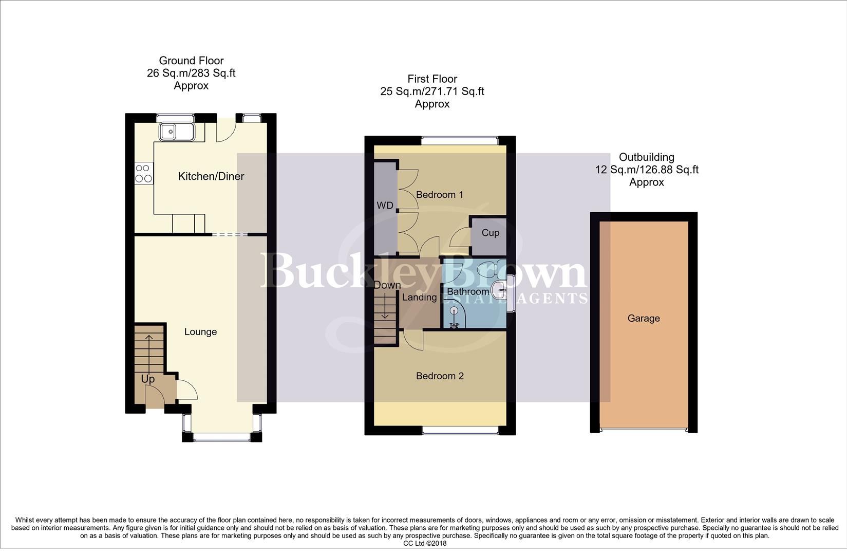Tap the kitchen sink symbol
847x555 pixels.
pyautogui.click(x=176, y=132)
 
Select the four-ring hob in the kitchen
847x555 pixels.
pyautogui.click(x=143, y=173)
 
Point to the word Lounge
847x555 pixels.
pyautogui.click(x=200, y=332)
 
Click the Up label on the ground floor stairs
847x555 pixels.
pyautogui.click(x=148, y=379)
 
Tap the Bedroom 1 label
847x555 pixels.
pyautogui.click(x=440, y=195)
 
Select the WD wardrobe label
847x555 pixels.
pyautogui.click(x=385, y=206)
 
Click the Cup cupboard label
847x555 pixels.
pyautogui.click(x=490, y=233)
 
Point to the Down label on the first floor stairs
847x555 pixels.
pyautogui.click(x=387, y=285)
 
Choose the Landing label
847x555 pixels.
pyautogui.click(x=419, y=297)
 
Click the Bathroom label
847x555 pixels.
pyautogui.click(x=467, y=292)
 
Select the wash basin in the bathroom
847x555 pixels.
pyautogui.click(x=499, y=290)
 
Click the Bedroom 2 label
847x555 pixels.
pyautogui.click(x=440, y=376)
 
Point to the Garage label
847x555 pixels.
pyautogui.click(x=643, y=319)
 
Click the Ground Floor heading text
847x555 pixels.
pyautogui.click(x=191, y=61)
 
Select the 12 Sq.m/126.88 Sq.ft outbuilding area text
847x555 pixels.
pyautogui.click(x=646, y=170)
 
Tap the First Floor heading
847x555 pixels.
pyautogui.click(x=432, y=79)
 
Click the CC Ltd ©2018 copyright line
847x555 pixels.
pyautogui.click(x=425, y=543)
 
